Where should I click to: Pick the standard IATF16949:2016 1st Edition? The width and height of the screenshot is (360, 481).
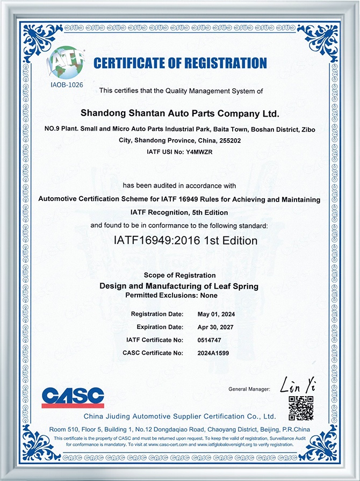click(x=178, y=240)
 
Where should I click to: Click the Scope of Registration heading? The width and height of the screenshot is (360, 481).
click(x=179, y=276)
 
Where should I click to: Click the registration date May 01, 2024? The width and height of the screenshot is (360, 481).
click(x=217, y=314)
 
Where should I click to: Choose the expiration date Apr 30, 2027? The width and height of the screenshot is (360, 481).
click(x=216, y=327)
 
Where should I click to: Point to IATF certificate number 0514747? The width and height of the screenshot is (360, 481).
click(x=210, y=340)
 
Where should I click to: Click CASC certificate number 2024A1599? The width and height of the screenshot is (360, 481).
click(x=214, y=353)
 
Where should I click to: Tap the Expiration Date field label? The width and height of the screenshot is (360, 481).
click(x=160, y=327)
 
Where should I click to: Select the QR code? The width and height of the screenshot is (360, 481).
click(x=300, y=407)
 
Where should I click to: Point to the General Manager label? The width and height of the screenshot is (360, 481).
click(x=249, y=389)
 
